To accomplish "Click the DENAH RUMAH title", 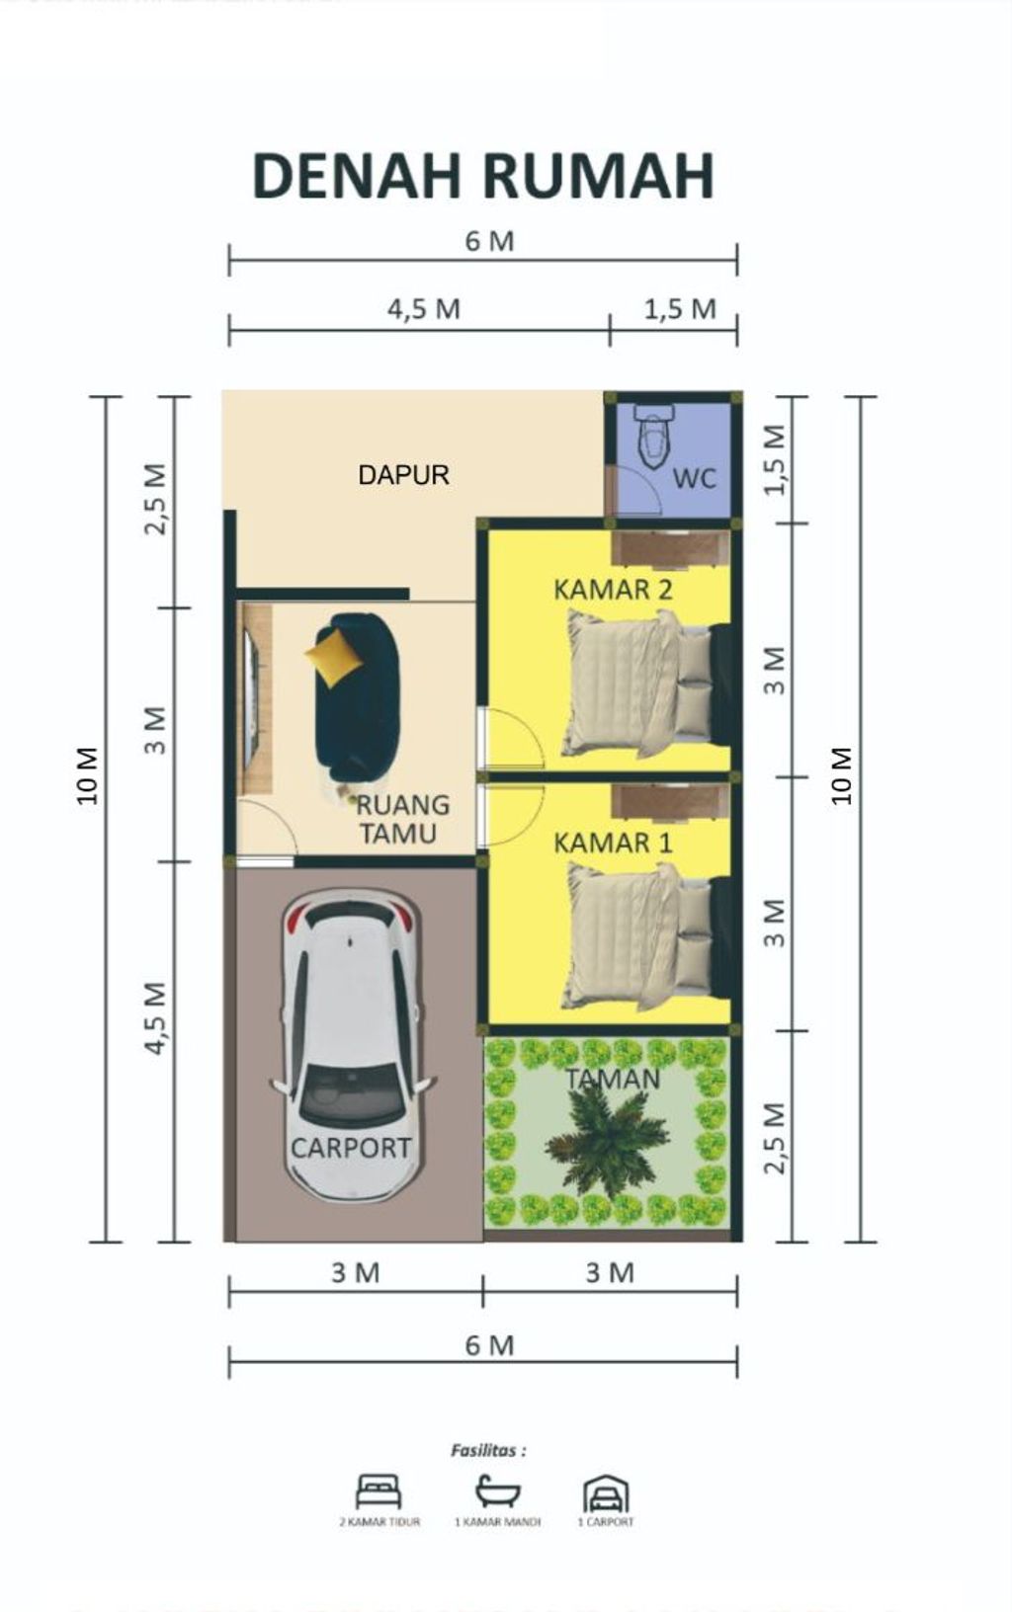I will pyautogui.click(x=483, y=177).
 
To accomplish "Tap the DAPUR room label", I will pyautogui.click(x=403, y=475).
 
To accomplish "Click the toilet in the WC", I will pyautogui.click(x=653, y=436).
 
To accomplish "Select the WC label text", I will pyautogui.click(x=694, y=479).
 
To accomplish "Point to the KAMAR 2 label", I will pyautogui.click(x=613, y=590).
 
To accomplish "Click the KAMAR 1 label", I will pyautogui.click(x=613, y=843).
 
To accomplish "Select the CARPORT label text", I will pyautogui.click(x=351, y=1148).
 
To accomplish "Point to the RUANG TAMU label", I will pyautogui.click(x=401, y=819).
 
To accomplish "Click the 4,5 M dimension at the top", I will pyautogui.click(x=423, y=309).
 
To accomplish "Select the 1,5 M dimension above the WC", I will pyautogui.click(x=680, y=309).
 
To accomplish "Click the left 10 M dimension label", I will pyautogui.click(x=88, y=775).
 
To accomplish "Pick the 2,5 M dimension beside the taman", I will pyautogui.click(x=775, y=1138).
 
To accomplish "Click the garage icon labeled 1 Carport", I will pyautogui.click(x=606, y=1493).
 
